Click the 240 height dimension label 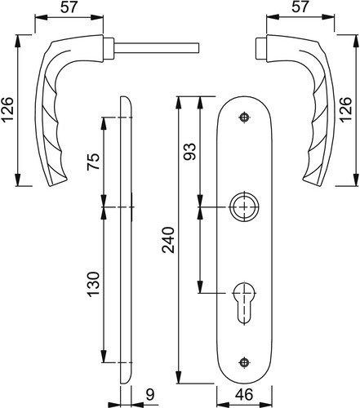168,240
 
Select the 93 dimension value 189,152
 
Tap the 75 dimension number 93,162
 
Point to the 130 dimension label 93,284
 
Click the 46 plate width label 244,395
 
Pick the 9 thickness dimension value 150,395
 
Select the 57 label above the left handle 69,7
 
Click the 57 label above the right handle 300,7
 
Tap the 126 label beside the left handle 7,109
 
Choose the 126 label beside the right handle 345,109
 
